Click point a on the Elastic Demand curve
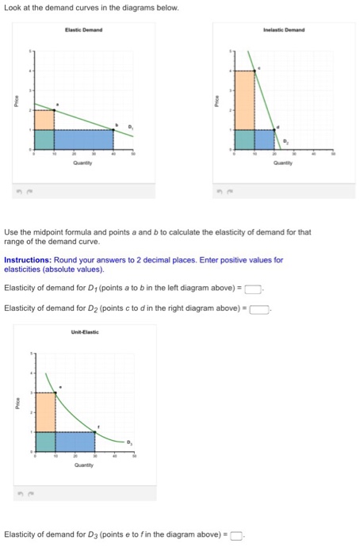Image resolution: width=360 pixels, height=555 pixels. [x=54, y=109]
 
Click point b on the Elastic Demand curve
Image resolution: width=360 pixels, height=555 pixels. [x=113, y=128]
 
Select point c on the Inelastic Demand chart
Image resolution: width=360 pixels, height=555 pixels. [x=254, y=71]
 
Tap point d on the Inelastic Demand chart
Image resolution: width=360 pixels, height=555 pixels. [x=274, y=129]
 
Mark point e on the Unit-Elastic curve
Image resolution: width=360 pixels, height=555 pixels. [x=56, y=392]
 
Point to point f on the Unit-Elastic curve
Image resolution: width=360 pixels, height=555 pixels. [x=95, y=431]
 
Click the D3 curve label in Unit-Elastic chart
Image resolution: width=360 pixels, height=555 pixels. [x=132, y=442]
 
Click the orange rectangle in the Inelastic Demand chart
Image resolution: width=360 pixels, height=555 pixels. [x=243, y=100]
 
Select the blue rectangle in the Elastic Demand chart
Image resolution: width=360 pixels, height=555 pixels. [x=83, y=139]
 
